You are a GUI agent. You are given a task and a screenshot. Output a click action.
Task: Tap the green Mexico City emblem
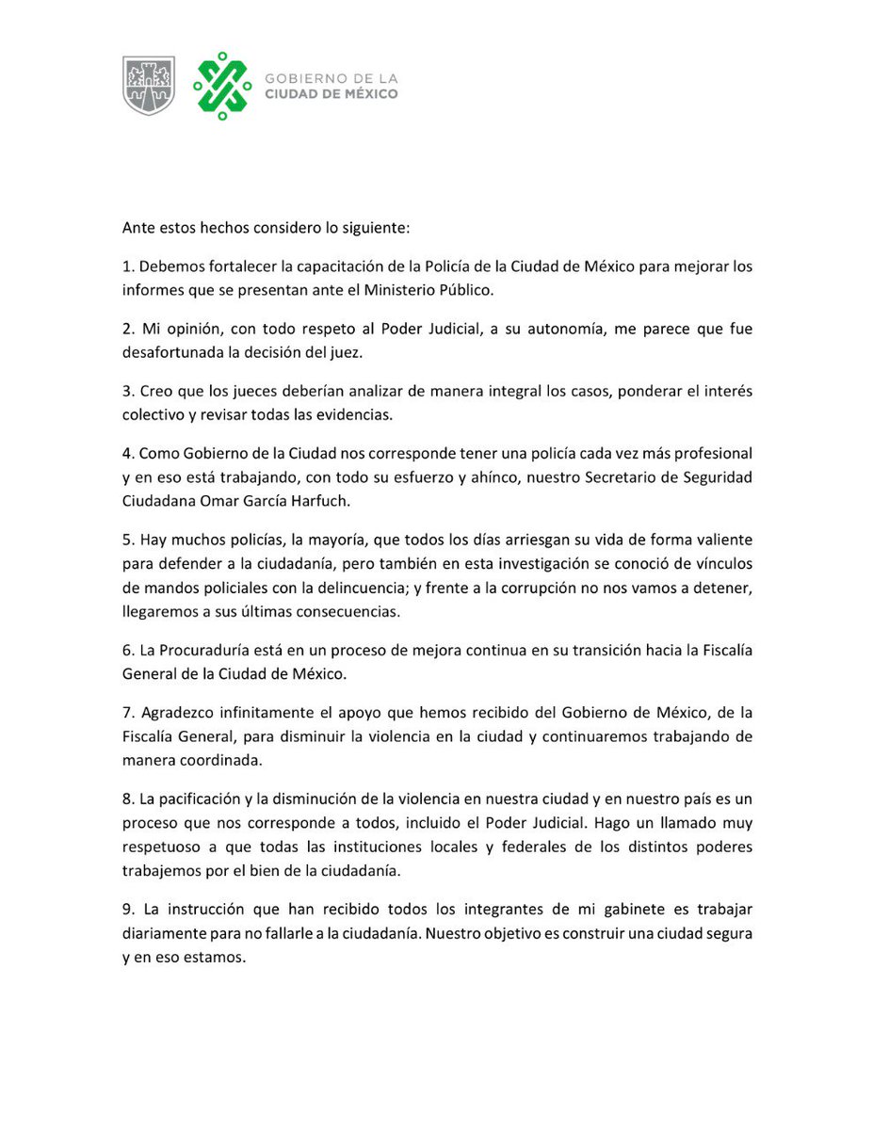tap(222, 86)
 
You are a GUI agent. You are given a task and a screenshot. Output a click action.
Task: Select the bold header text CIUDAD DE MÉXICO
tap(331, 94)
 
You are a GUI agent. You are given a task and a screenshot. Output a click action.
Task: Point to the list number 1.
tap(127, 266)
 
